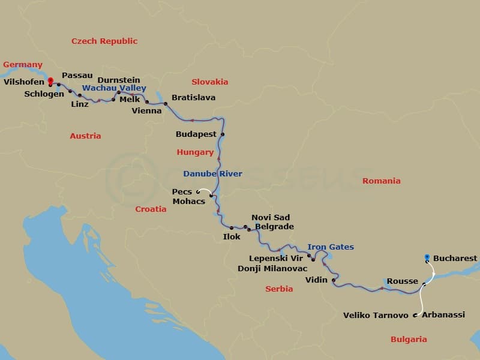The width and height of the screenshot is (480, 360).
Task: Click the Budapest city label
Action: (x=196, y=134)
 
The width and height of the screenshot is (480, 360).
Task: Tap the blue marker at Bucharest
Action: (x=427, y=257)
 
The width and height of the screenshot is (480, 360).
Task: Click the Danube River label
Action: (x=212, y=174)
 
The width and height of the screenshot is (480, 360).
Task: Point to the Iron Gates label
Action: (x=331, y=247)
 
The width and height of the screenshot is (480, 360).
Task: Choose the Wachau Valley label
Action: (x=114, y=88)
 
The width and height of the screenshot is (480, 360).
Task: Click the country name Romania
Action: (x=382, y=181)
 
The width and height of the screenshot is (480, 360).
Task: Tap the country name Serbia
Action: (x=279, y=289)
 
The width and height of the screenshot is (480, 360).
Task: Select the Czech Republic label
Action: (x=104, y=41)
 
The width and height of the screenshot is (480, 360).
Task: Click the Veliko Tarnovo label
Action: (x=376, y=315)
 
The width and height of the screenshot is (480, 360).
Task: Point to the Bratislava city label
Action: (x=193, y=97)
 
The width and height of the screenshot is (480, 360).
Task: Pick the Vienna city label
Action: (x=146, y=111)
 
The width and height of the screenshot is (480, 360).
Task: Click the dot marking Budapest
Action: (x=222, y=134)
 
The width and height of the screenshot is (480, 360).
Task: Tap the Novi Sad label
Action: (x=271, y=217)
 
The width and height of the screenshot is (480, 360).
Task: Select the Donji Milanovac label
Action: (x=272, y=268)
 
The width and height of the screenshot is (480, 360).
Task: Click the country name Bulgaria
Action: (x=409, y=339)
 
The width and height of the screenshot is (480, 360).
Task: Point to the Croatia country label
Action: (x=151, y=209)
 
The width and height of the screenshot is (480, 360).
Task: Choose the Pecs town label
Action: (x=182, y=192)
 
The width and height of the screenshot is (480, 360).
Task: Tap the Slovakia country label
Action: (x=210, y=82)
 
